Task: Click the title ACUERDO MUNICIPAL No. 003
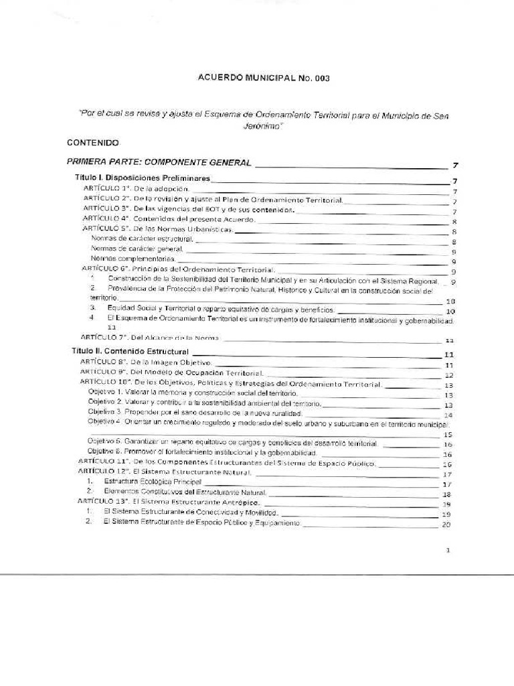coord(264,78)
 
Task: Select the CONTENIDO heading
coord(93,143)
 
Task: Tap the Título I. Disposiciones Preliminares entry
coord(142,179)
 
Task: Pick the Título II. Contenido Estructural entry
coord(131,352)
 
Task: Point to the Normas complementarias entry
coord(133,258)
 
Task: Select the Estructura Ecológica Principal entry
coord(151,482)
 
